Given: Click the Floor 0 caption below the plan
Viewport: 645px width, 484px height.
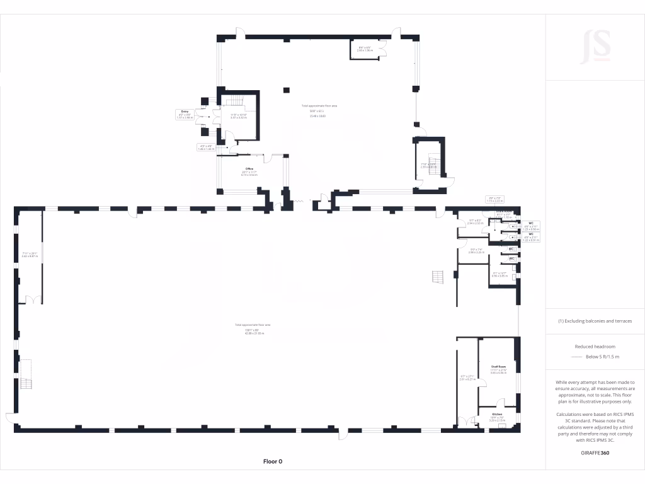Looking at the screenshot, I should [x=272, y=461].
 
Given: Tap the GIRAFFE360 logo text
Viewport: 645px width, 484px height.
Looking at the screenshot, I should [x=595, y=453].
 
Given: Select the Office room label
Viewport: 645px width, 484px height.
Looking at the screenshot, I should [x=249, y=169].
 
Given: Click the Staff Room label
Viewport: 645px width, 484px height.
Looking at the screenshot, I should [x=499, y=366].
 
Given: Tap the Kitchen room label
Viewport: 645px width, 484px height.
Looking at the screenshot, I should [x=497, y=414].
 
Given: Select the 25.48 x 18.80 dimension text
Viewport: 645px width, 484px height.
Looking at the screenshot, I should [x=317, y=116].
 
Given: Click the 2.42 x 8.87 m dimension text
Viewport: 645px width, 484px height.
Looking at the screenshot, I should [x=30, y=256].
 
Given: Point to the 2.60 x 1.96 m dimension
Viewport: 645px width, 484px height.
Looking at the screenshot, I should [x=365, y=50].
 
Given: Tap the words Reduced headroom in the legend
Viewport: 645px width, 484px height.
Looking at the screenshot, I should [x=595, y=347].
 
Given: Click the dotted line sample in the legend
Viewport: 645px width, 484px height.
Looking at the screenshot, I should [x=577, y=357].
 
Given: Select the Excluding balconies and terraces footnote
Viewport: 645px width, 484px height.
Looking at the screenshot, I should [x=595, y=321].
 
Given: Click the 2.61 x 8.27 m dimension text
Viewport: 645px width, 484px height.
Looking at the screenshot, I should [x=467, y=379].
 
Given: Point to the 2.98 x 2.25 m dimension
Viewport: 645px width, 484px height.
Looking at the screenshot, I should [x=476, y=252].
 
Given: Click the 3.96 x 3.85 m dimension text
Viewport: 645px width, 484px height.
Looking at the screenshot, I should [x=500, y=275].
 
